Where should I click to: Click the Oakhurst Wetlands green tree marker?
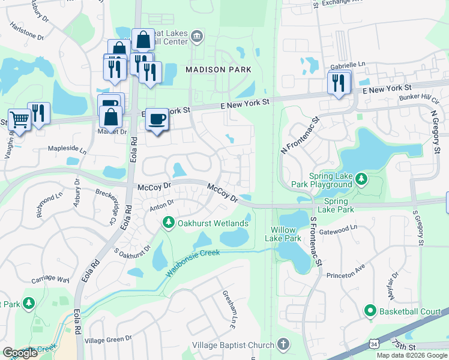point(169,223)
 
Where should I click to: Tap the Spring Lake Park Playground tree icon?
point(361,178)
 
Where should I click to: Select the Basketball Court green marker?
point(370,311)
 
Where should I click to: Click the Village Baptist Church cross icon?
point(283,345)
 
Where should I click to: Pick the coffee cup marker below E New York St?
point(157,119)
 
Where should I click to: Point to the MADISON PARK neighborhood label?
point(218,70)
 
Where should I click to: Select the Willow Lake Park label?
point(283,234)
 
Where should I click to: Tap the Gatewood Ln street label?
point(337,228)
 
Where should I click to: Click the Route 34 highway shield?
point(375,344)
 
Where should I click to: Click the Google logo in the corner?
point(20,353)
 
